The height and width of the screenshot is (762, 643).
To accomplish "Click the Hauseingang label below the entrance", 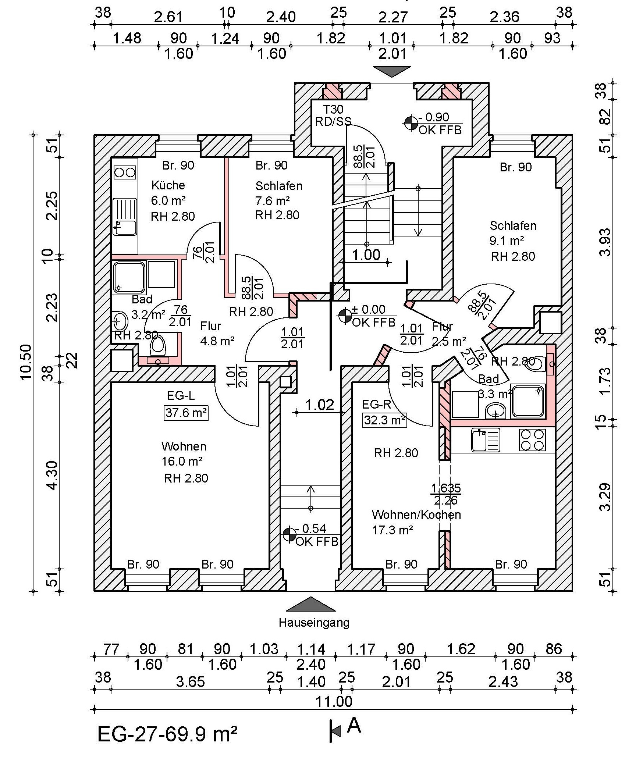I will point(314,623).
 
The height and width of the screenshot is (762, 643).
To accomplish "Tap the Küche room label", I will point(168,185).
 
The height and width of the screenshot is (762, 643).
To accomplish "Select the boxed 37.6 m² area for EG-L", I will point(186,413).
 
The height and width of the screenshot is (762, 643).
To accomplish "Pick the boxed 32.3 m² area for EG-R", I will point(385,420).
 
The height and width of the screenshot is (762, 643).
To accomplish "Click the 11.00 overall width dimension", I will point(334,702).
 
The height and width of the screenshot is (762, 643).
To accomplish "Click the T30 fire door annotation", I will point(333,109).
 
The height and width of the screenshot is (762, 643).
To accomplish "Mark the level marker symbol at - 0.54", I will point(289,535).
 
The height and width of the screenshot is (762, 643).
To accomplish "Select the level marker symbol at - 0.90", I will point(411,123).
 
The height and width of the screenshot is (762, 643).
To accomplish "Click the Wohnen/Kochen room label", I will point(416,514).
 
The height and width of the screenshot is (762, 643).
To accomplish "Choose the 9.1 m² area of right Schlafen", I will point(507,241).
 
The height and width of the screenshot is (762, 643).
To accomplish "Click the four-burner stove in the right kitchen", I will point(533,440).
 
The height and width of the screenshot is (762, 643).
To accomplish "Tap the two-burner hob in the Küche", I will point(125,172).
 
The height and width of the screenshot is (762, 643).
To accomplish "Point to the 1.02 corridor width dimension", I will point(320,405).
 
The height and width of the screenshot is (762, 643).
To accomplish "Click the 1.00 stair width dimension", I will point(366,254).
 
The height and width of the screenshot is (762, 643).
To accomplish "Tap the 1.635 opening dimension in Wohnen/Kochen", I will point(446,488).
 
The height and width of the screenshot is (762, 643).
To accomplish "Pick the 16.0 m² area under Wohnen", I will point(182,461).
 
